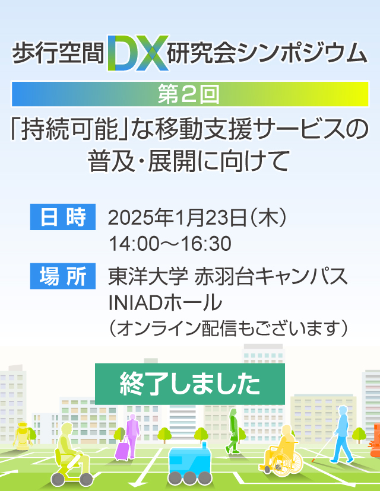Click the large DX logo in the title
click(138, 53)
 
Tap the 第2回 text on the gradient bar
click(188, 94)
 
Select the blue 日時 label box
click(63, 217)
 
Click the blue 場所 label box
click(63, 276)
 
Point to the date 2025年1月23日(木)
click(197, 217)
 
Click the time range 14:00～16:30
click(170, 244)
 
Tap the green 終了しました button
click(190, 384)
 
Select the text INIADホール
click(165, 302)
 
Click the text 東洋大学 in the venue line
click(148, 276)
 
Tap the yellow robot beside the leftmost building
click(23, 436)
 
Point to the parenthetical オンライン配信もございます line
click(228, 329)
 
